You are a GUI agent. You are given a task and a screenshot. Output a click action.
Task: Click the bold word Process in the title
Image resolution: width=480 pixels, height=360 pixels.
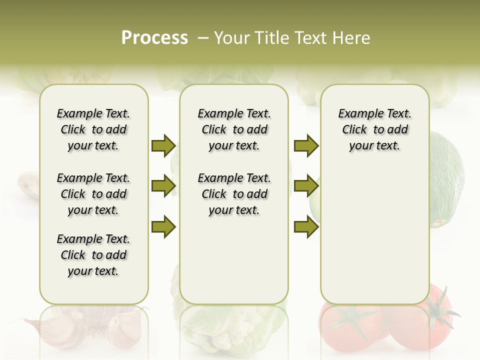(x=154, y=38)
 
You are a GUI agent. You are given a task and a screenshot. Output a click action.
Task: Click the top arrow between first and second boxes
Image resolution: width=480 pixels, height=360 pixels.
(x=163, y=145)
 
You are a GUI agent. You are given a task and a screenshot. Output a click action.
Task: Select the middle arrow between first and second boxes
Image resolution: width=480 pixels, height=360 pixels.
(x=163, y=186)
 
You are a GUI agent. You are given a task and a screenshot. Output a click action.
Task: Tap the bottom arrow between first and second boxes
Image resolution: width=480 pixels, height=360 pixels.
(x=163, y=227)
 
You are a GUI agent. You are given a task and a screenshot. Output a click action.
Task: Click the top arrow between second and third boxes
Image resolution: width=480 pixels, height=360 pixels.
(x=306, y=145)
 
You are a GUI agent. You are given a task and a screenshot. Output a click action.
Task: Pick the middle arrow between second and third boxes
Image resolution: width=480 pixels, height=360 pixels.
(x=306, y=186)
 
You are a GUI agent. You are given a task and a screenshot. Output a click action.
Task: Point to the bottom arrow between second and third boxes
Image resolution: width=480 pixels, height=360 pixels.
(x=306, y=227)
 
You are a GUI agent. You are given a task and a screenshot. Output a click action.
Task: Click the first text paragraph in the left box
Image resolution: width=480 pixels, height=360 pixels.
(x=93, y=129)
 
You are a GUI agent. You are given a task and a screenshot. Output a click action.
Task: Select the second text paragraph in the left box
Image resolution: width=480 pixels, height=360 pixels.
(x=93, y=194)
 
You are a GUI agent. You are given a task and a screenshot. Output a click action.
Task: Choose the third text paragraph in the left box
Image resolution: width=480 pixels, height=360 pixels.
(x=93, y=255)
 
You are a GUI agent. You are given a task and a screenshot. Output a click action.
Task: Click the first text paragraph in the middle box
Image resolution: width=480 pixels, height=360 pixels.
(x=234, y=129)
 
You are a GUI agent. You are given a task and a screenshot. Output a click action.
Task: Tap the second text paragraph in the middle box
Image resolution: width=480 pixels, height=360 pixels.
(x=234, y=194)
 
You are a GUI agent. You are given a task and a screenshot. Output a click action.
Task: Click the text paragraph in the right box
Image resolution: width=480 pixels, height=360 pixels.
(x=374, y=129)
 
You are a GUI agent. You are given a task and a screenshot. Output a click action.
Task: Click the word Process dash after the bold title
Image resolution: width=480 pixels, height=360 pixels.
(x=203, y=38)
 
